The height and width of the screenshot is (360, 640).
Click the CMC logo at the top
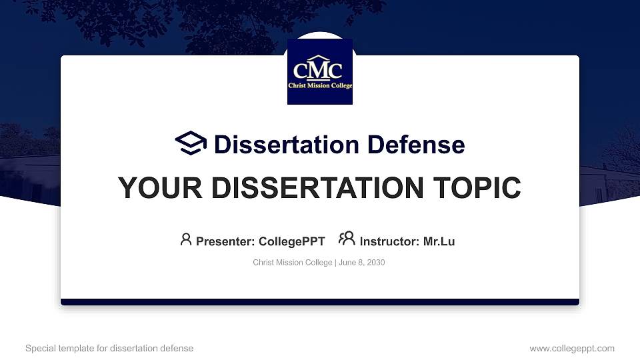click(x=320, y=71)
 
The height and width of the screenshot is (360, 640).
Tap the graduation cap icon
click(x=191, y=143)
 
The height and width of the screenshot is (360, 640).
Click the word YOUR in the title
click(x=151, y=188)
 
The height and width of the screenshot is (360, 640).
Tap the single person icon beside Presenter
click(x=186, y=239)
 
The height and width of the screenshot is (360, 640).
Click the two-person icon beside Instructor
click(x=347, y=239)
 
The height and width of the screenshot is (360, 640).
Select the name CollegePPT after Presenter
click(x=291, y=241)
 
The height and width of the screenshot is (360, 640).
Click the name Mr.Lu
click(x=439, y=241)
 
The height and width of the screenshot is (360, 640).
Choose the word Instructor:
click(x=389, y=241)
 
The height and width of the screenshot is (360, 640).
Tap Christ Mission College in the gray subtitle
click(x=292, y=263)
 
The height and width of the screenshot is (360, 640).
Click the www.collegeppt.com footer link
click(x=571, y=348)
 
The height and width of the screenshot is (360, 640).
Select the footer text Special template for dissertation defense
click(x=109, y=348)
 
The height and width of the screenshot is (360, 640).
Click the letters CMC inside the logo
click(x=319, y=69)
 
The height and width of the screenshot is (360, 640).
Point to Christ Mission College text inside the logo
click(x=320, y=86)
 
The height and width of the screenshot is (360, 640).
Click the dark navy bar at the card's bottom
click(x=320, y=302)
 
